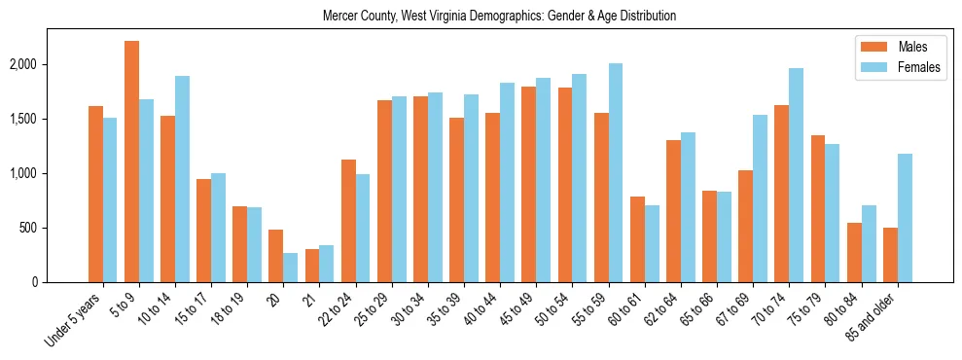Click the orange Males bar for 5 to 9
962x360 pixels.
pyautogui.click(x=131, y=162)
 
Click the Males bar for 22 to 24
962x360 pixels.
pyautogui.click(x=348, y=221)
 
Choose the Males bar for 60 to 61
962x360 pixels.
pyautogui.click(x=637, y=239)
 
